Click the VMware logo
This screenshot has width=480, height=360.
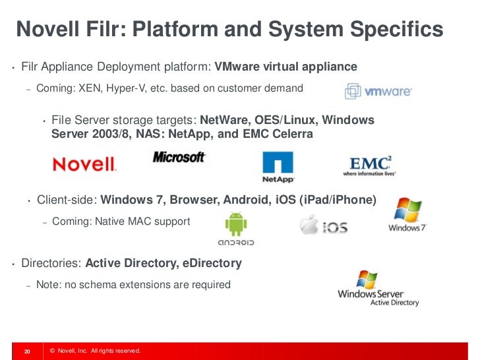tap(378, 91)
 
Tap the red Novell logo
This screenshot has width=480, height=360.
tap(84, 164)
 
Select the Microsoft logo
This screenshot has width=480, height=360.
tap(179, 158)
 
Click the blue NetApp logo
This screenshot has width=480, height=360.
tap(278, 167)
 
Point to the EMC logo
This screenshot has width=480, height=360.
tap(371, 165)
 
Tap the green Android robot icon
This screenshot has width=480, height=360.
tap(235, 225)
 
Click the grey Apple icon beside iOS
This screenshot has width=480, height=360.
tap(309, 225)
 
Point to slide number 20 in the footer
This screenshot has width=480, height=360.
tap(28, 351)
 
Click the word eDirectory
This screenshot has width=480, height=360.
tap(210, 263)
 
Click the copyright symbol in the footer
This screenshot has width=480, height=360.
tap(52, 351)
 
